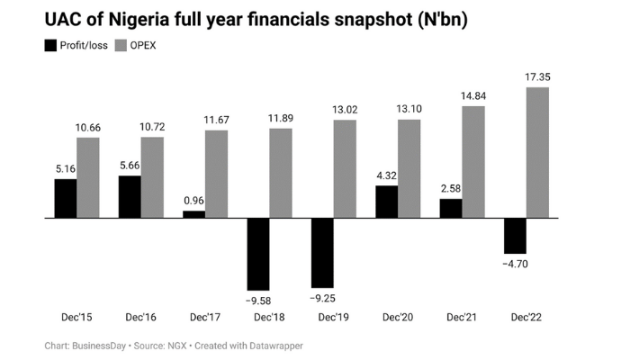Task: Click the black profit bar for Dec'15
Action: coord(65,198)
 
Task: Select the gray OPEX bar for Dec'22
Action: coord(537,152)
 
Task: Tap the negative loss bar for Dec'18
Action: coord(257,254)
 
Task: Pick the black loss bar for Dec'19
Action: coord(322,252)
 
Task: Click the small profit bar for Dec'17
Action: coord(193,214)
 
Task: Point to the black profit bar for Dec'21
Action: coord(451,208)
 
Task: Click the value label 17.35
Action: coord(537,77)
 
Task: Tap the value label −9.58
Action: coord(257,299)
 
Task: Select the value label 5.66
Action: coord(130,166)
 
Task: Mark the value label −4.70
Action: coord(515,263)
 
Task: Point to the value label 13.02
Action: coord(344,110)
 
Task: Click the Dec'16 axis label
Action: coord(140,318)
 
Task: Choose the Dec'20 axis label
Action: coord(397,318)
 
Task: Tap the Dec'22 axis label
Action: coord(526,318)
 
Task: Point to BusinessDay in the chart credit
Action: coord(101,346)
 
